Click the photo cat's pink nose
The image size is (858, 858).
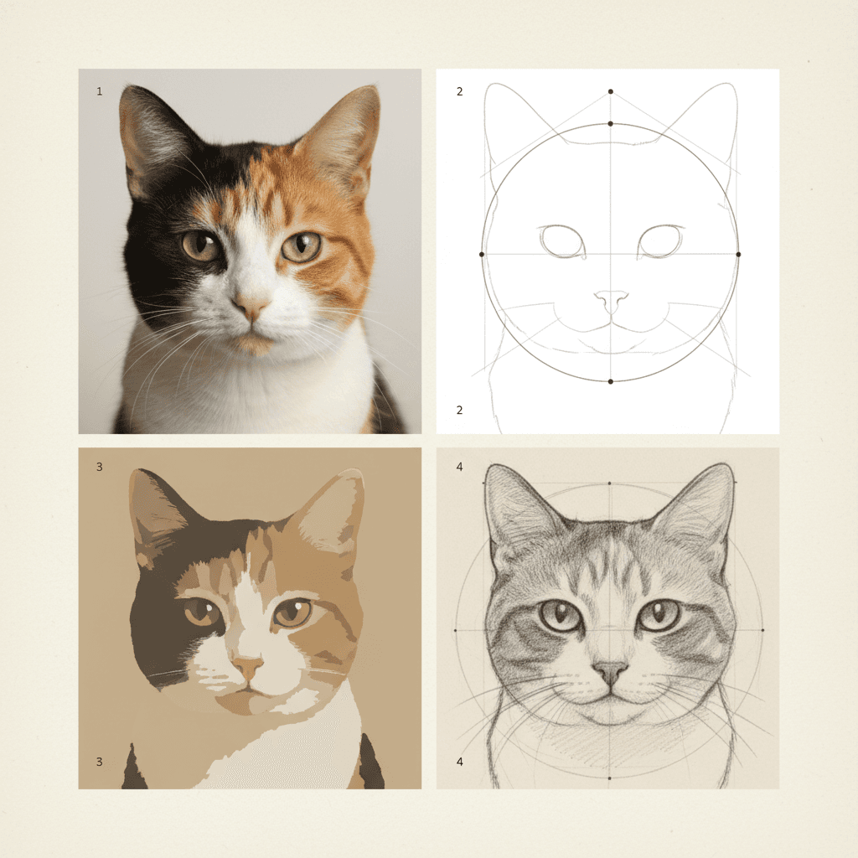(x=251, y=307)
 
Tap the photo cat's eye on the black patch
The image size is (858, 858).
(x=201, y=246)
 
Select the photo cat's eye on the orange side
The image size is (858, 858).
(x=302, y=246)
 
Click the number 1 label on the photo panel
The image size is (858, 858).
(x=100, y=91)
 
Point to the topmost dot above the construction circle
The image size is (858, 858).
(x=611, y=90)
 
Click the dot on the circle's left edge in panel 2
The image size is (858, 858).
(x=482, y=253)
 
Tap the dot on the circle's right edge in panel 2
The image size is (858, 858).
(x=738, y=253)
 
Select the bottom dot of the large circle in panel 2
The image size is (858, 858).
(x=611, y=381)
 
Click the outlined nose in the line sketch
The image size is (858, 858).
(x=611, y=299)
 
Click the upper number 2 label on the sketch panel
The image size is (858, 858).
(x=459, y=91)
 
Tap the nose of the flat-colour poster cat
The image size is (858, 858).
(x=248, y=667)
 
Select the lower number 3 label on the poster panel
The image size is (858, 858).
(x=100, y=762)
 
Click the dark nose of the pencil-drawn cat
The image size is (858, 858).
(x=610, y=670)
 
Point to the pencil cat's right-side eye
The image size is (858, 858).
(x=659, y=615)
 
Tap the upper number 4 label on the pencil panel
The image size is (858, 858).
(x=459, y=467)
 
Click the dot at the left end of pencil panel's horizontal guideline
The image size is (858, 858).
(x=456, y=629)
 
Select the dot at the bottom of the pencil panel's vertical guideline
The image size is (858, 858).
(x=609, y=778)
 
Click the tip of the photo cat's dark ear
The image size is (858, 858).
(x=125, y=88)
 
